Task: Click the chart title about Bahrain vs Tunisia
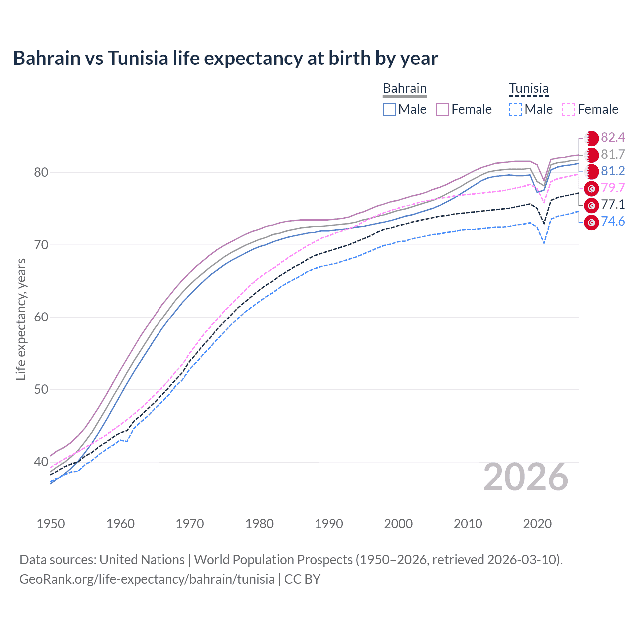click(x=225, y=58)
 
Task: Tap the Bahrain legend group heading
click(x=404, y=89)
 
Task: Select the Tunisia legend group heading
click(x=528, y=89)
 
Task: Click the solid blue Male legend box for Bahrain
click(x=389, y=109)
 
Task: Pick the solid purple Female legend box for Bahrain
click(x=442, y=109)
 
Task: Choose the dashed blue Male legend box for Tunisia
click(x=515, y=109)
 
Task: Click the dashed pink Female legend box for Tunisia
click(x=569, y=109)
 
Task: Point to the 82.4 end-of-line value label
click(x=613, y=137)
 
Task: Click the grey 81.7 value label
click(x=613, y=154)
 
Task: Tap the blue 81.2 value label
click(x=613, y=171)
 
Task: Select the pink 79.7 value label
click(x=613, y=188)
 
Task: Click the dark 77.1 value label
click(x=613, y=204)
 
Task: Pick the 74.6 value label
click(x=613, y=221)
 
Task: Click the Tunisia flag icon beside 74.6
click(x=591, y=222)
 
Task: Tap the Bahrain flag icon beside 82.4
click(x=592, y=138)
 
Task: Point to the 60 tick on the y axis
click(x=41, y=317)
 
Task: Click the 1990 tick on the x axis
click(x=329, y=524)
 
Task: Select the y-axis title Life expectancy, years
click(x=21, y=319)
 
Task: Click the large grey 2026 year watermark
click(x=525, y=477)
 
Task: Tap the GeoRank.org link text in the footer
click(x=147, y=579)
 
